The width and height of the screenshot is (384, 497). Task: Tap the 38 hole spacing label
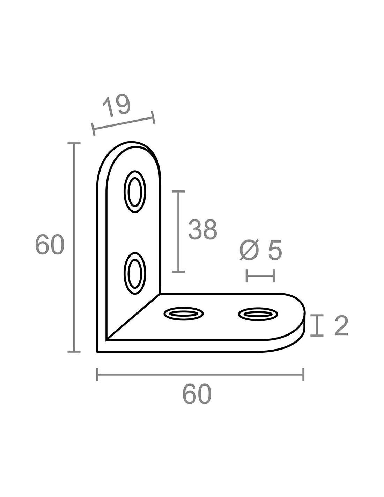[x=202, y=230]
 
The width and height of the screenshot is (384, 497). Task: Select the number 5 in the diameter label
[x=275, y=250]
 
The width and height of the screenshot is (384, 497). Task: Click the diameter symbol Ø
[x=249, y=250]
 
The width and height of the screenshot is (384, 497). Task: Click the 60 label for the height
[x=50, y=244]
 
